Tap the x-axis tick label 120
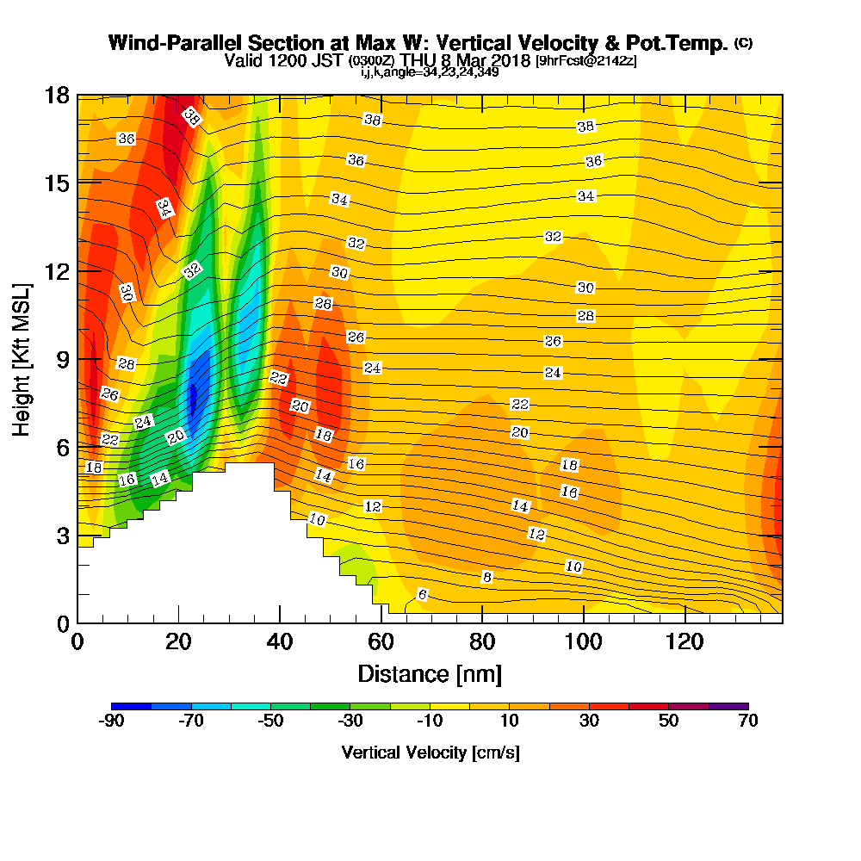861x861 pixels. (684, 643)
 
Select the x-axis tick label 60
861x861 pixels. (381, 643)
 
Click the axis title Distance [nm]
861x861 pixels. (430, 673)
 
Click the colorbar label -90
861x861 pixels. (112, 722)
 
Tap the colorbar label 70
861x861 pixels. (748, 722)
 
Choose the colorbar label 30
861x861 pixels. (589, 722)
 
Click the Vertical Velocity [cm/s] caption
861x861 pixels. (430, 753)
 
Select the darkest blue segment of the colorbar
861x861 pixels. (132, 706)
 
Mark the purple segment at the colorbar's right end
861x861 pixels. (728, 706)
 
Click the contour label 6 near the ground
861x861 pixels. (422, 595)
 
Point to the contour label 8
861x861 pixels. (486, 577)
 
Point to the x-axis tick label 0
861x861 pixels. (77, 643)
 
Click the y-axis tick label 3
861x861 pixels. (62, 536)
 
